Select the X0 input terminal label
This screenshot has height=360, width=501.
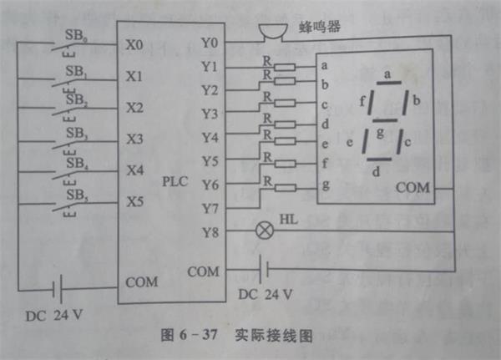134,43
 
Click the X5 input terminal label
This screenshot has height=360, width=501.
134,202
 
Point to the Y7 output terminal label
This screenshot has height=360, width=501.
210,205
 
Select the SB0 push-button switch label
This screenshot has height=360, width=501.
76,36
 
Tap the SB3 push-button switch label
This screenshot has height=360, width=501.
76,132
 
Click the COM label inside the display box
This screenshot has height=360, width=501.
413,188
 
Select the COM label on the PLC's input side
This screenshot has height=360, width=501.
141,281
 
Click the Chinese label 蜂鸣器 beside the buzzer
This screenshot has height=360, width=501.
318,27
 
